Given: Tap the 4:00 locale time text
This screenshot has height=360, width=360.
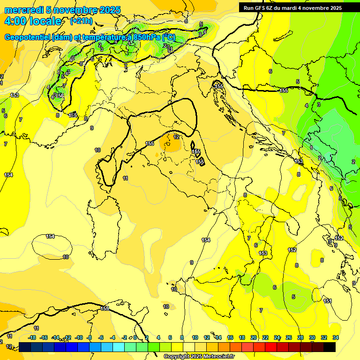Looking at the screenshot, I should tap(33, 21).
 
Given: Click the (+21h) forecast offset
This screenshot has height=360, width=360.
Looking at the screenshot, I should tap(81, 21).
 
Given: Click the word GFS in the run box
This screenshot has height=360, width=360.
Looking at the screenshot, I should tap(260, 8).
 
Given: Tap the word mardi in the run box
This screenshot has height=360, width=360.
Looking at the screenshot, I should tap(289, 8).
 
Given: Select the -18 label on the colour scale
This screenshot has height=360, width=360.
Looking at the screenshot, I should tap(32, 337).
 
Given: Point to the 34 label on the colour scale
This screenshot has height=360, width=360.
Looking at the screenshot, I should tap(336, 337).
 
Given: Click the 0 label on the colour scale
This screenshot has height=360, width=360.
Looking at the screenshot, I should tap(135, 337).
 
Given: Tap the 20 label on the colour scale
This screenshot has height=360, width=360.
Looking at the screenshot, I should tap(254, 337).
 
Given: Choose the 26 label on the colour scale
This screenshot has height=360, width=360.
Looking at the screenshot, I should tap(289, 337).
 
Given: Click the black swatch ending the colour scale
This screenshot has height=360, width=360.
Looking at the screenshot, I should tap(330, 347).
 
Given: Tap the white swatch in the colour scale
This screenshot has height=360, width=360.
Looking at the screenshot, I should tap(189, 347).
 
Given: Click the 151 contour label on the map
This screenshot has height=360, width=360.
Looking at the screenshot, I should tap(328, 301).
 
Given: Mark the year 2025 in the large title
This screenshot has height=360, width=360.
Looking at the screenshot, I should tap(110, 10).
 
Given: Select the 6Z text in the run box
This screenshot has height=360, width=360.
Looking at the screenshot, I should tap(270, 8).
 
